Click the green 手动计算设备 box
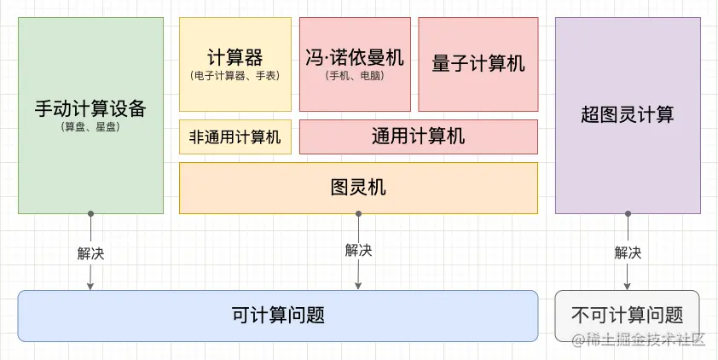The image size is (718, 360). [90, 115]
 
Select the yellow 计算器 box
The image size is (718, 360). [235, 64]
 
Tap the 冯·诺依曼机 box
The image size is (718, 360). [354, 64]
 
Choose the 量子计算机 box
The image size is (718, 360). [478, 64]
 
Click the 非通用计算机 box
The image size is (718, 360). [235, 136]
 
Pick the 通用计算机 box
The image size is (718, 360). [418, 136]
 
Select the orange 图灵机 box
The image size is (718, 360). [358, 188]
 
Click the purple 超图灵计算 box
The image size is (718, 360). [628, 115]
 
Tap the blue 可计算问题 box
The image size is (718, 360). [278, 316]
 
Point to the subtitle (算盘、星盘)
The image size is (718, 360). [90, 127]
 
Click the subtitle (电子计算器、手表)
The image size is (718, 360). [235, 76]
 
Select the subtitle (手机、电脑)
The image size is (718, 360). [354, 76]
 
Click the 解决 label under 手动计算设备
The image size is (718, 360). [90, 253]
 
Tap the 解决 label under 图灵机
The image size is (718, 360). [358, 250]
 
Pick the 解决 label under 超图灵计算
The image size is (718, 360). [628, 253]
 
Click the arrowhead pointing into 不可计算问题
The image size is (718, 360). [628, 286]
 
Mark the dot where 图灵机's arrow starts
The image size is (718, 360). [358, 214]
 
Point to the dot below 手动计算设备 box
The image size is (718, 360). [90, 214]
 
